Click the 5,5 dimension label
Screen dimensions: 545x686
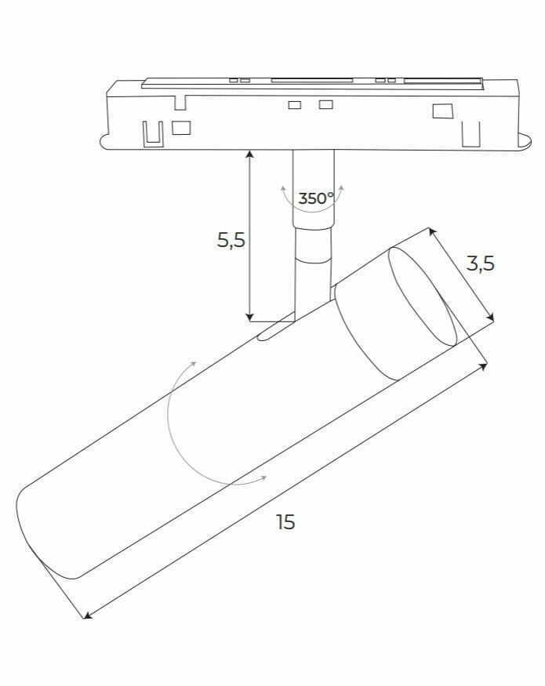tap(231, 240)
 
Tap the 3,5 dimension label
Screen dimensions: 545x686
tap(480, 263)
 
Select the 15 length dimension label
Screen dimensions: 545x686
tap(285, 522)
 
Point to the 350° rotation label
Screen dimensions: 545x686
tap(315, 198)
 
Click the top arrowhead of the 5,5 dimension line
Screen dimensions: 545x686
tap(249, 154)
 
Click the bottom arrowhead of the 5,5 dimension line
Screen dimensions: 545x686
tap(249, 318)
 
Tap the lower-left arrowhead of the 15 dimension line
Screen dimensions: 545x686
tap(88, 615)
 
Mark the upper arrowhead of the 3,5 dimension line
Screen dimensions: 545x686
tap(432, 232)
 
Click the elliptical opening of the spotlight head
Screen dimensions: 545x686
tap(423, 296)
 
